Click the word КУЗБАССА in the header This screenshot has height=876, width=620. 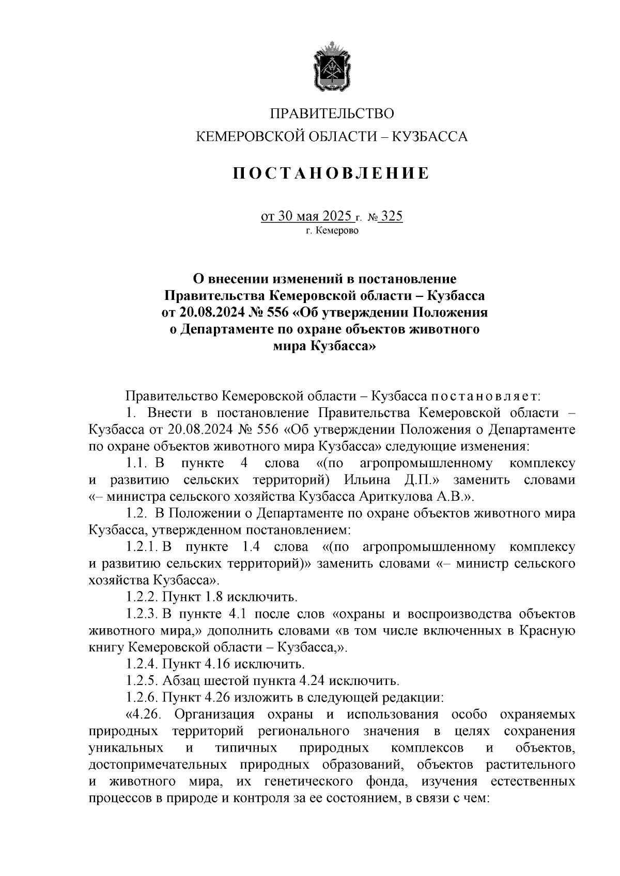[x=430, y=137]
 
